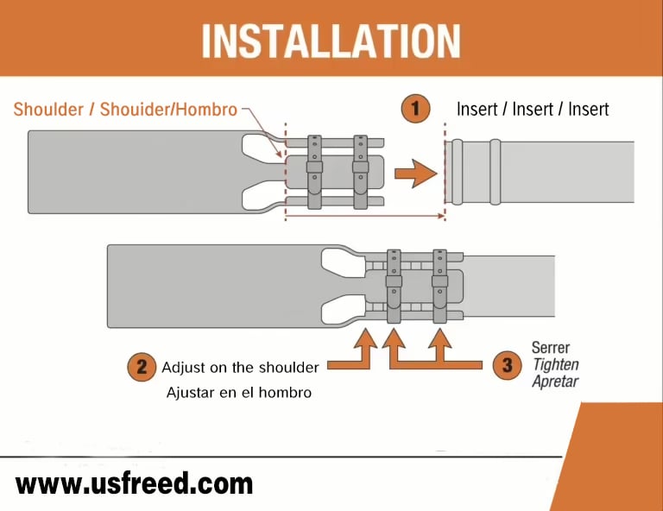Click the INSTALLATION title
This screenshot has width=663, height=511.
click(x=331, y=41)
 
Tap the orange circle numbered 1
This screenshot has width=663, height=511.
click(x=415, y=108)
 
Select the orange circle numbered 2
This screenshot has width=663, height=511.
click(x=142, y=367)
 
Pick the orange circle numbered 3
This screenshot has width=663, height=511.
click(x=507, y=365)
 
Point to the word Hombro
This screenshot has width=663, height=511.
click(x=206, y=110)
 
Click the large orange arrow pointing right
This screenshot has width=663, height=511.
click(x=415, y=173)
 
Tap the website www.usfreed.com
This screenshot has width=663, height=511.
click(x=134, y=484)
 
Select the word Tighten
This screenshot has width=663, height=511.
click(x=556, y=364)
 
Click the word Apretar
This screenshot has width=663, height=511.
click(x=555, y=382)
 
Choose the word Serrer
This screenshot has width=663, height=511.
click(x=551, y=348)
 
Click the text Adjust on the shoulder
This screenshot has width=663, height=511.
click(x=240, y=368)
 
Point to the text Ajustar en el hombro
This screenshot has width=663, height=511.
click(x=239, y=392)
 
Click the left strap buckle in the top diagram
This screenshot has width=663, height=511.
click(x=314, y=167)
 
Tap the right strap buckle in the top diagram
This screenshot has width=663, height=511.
click(x=360, y=167)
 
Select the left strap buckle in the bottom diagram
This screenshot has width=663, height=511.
click(x=394, y=281)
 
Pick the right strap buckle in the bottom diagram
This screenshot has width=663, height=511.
click(x=439, y=281)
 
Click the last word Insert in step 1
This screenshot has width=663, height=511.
click(x=588, y=109)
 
